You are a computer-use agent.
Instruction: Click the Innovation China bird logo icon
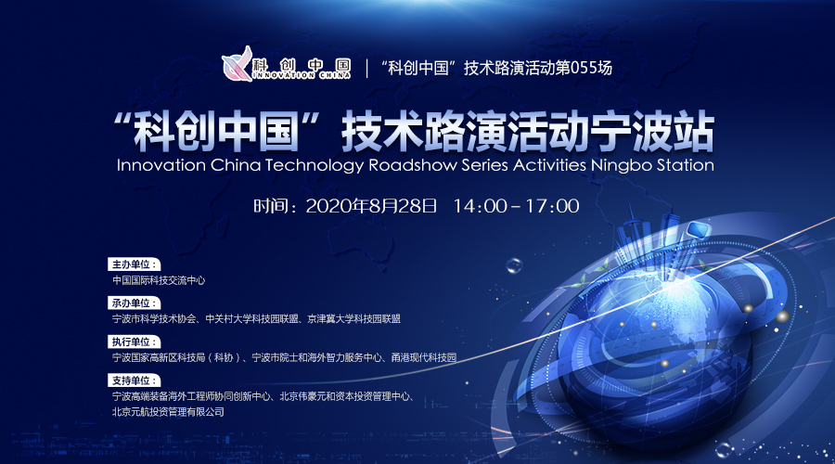(x=238, y=64)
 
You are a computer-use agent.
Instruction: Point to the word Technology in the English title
(x=314, y=165)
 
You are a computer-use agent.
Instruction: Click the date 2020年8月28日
(x=371, y=206)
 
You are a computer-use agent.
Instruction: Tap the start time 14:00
(x=480, y=206)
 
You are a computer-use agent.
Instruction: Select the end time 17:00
(x=552, y=206)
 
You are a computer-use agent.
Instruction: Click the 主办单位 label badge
(x=135, y=264)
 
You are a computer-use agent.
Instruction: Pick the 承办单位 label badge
(x=135, y=303)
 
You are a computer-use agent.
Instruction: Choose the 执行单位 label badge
(x=135, y=342)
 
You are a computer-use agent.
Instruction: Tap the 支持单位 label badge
(x=135, y=380)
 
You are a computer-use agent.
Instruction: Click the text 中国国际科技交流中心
(x=159, y=280)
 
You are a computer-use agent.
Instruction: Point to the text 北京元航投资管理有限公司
(x=168, y=412)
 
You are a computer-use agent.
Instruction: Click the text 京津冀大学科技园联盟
(x=354, y=319)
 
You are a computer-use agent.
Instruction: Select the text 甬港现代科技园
(x=424, y=357)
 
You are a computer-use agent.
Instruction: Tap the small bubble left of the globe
(x=514, y=265)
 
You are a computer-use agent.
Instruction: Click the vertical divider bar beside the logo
(x=366, y=68)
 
